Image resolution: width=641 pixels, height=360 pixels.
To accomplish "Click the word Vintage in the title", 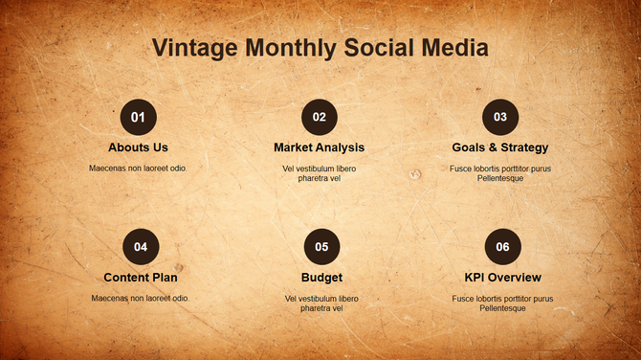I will pyautogui.click(x=195, y=48).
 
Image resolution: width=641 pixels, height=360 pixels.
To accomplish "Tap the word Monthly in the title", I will pyautogui.click(x=290, y=48).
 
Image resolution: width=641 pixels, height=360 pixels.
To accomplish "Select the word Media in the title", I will pyautogui.click(x=454, y=48).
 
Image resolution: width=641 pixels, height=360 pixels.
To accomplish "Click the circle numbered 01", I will pyautogui.click(x=138, y=118).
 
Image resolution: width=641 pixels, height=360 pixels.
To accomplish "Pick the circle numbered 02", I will pyautogui.click(x=319, y=118).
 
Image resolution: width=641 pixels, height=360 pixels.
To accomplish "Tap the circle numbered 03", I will pyautogui.click(x=499, y=118).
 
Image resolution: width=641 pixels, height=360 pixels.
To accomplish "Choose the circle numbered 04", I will pyautogui.click(x=141, y=247).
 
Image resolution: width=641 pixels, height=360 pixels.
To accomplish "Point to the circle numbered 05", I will pyautogui.click(x=321, y=247).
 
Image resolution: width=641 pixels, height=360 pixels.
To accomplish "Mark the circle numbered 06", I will pyautogui.click(x=502, y=247).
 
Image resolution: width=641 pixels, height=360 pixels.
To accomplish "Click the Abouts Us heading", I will pyautogui.click(x=138, y=147).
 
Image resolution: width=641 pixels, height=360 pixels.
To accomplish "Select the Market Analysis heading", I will pyautogui.click(x=319, y=147).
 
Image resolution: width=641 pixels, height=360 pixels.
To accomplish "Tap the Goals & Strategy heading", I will pyautogui.click(x=499, y=147).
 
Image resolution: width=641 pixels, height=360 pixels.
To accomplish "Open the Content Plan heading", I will pyautogui.click(x=141, y=278).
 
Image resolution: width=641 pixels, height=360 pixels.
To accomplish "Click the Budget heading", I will pyautogui.click(x=321, y=278).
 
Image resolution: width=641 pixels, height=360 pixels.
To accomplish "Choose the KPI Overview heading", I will pyautogui.click(x=502, y=278).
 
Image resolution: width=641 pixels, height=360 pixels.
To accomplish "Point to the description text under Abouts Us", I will pyautogui.click(x=138, y=169).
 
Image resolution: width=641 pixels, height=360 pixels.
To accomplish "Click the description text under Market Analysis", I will pyautogui.click(x=319, y=173).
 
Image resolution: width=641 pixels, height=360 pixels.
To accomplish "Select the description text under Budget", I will pyautogui.click(x=321, y=303).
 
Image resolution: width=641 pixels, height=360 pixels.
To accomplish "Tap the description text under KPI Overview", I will pyautogui.click(x=502, y=303).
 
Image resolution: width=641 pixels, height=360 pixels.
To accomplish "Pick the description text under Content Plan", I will pyautogui.click(x=141, y=298).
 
